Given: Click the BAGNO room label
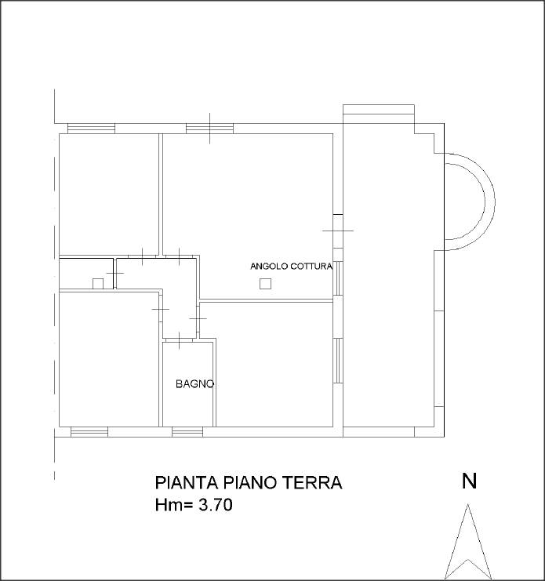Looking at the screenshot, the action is (x=195, y=384).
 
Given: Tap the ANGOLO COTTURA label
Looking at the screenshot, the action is (x=291, y=267).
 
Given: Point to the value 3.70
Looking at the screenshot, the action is (x=216, y=505).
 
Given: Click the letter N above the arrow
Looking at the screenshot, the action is (x=469, y=481).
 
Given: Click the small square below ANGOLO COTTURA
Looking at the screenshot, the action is (x=265, y=284).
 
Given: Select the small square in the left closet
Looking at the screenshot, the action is (x=98, y=284).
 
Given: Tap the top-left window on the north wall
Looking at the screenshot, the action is (x=91, y=129).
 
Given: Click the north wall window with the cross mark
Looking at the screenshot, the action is (x=209, y=129).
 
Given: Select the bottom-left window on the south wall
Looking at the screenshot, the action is (x=89, y=432).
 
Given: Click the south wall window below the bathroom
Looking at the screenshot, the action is (x=187, y=432).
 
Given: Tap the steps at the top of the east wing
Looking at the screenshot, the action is (x=378, y=110).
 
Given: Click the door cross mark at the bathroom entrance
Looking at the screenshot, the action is (x=180, y=341).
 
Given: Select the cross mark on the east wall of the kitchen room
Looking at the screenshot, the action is (x=338, y=231).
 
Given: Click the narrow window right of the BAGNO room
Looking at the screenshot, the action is (x=338, y=360).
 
